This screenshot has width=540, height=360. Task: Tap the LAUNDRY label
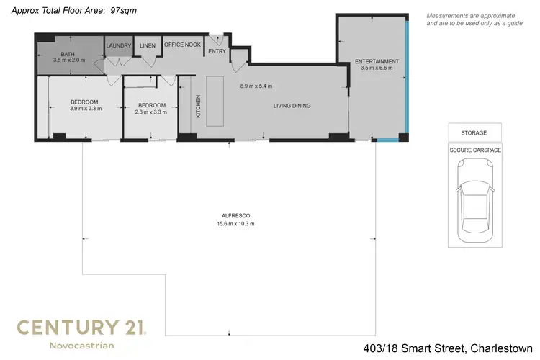(119, 46)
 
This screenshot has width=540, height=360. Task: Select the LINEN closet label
(148, 46)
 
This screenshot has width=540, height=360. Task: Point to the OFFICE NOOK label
(183, 45)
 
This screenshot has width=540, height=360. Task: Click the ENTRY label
(217, 51)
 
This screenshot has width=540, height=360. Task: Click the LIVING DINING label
(292, 106)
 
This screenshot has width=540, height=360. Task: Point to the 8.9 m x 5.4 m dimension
(256, 86)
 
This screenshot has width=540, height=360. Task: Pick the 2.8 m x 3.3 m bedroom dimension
(151, 112)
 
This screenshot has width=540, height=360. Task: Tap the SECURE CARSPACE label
(475, 150)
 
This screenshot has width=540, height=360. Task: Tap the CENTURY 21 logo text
(81, 328)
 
